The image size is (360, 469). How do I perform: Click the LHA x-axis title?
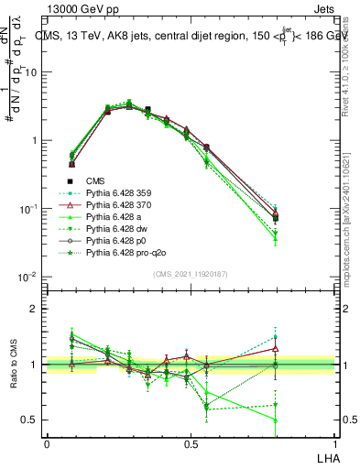[328, 459]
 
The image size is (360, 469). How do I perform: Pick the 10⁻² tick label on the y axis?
[29, 278]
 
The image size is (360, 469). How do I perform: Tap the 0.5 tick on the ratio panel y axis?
[32, 420]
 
